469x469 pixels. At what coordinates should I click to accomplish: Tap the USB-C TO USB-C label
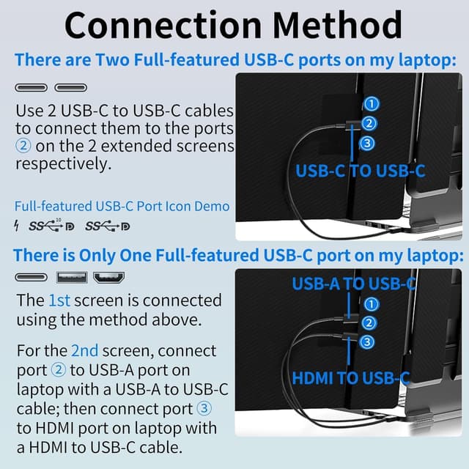[x=361, y=171]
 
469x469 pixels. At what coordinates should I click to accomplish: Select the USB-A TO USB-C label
[x=354, y=284]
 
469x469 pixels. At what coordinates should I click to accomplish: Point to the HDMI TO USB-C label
[x=350, y=378]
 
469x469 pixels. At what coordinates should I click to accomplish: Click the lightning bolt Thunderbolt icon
[x=18, y=225]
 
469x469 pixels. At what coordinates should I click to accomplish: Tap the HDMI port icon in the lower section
[x=108, y=278]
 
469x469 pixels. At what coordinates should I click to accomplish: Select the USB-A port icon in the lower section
[x=72, y=278]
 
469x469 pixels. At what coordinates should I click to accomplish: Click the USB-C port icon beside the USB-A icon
[x=31, y=278]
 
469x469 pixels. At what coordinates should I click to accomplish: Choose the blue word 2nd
[x=84, y=350]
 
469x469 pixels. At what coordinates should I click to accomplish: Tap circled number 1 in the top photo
[x=372, y=104]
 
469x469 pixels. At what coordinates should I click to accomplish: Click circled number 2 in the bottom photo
[x=369, y=322]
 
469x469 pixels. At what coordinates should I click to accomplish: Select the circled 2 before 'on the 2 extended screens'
[x=23, y=146]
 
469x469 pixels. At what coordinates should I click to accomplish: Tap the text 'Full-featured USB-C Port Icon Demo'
[x=122, y=206]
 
